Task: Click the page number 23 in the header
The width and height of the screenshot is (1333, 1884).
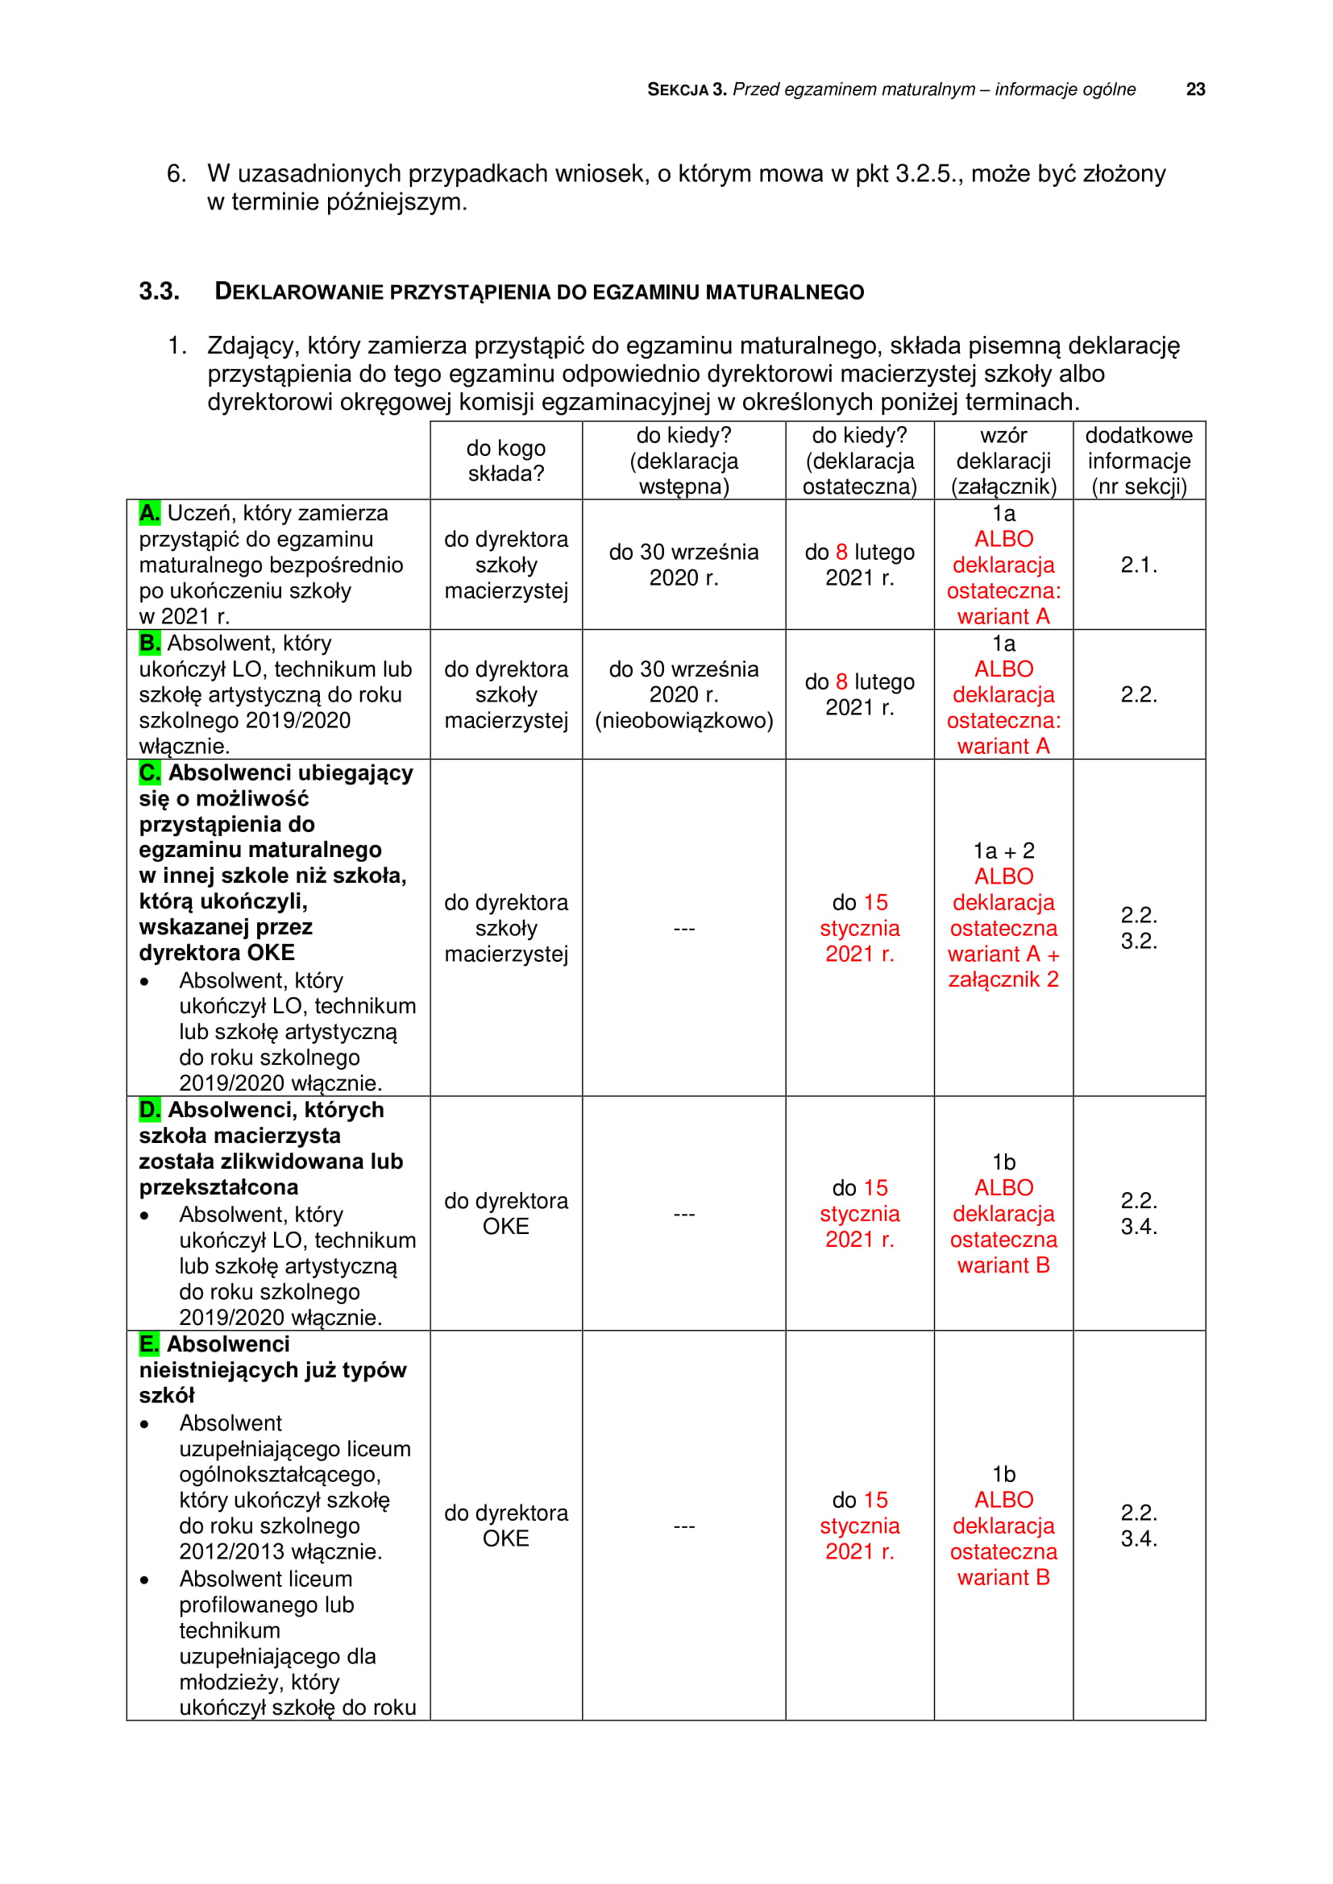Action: click(1195, 89)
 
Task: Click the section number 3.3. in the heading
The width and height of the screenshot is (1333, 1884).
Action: click(159, 292)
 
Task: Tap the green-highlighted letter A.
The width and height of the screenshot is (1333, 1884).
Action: click(149, 513)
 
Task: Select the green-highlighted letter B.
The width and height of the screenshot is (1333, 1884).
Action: click(149, 643)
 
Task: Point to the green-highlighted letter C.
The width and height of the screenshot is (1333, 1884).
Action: click(150, 772)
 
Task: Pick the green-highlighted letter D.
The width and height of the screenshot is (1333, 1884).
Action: click(150, 1109)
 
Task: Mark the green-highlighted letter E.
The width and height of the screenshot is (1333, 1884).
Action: click(148, 1344)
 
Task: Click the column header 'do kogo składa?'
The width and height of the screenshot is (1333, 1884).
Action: click(505, 461)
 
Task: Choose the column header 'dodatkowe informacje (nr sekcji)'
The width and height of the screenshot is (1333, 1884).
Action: click(1139, 461)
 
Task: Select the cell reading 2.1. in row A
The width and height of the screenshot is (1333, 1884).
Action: click(1139, 565)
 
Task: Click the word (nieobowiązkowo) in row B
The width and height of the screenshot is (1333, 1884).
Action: click(683, 720)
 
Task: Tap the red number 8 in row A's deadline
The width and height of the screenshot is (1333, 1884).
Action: click(841, 553)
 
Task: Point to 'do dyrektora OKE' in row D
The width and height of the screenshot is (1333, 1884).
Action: click(505, 1214)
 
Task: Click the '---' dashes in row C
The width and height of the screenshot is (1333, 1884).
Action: click(683, 928)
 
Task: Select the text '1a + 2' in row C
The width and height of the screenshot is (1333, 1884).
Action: click(1003, 851)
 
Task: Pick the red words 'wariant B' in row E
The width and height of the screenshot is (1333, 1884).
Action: click(1003, 1577)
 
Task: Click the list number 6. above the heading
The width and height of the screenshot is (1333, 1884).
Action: click(176, 174)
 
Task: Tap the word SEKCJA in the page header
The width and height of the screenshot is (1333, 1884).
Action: click(677, 89)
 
